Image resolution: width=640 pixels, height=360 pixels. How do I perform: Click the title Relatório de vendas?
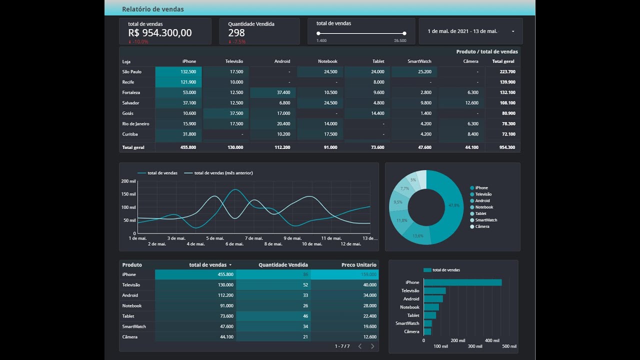pos(152,9)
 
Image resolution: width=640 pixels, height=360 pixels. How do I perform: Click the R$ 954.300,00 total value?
pos(159,33)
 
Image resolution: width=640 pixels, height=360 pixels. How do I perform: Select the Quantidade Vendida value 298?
pos(236,33)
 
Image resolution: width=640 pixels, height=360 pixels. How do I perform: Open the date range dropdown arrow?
pos(513,31)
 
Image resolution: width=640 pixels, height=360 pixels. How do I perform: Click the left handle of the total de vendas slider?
pos(318,33)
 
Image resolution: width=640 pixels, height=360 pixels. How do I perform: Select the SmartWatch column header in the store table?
pos(419,61)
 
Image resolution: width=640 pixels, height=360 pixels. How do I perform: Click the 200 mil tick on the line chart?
pos(128,181)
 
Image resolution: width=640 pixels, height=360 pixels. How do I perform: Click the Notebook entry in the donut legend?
pos(483,207)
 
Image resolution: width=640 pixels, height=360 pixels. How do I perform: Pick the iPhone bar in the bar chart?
pos(462,282)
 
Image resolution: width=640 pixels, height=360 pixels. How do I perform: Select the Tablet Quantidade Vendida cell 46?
pos(273,316)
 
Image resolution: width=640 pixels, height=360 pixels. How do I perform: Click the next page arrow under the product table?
pos(372,346)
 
